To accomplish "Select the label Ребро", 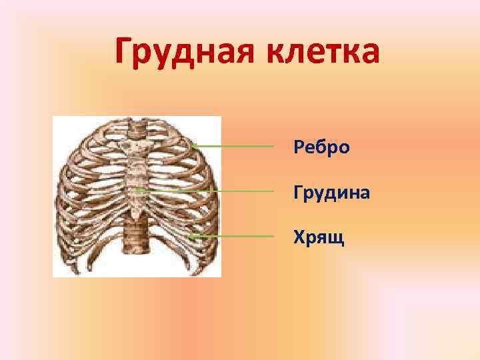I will pos(321,147).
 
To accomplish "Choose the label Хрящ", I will pos(319,237).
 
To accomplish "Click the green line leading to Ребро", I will pos(233,145).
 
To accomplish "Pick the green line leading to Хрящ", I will pos(233,236).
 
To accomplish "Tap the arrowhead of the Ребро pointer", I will pos(193,145).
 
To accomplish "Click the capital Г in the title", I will pos(124,52).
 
